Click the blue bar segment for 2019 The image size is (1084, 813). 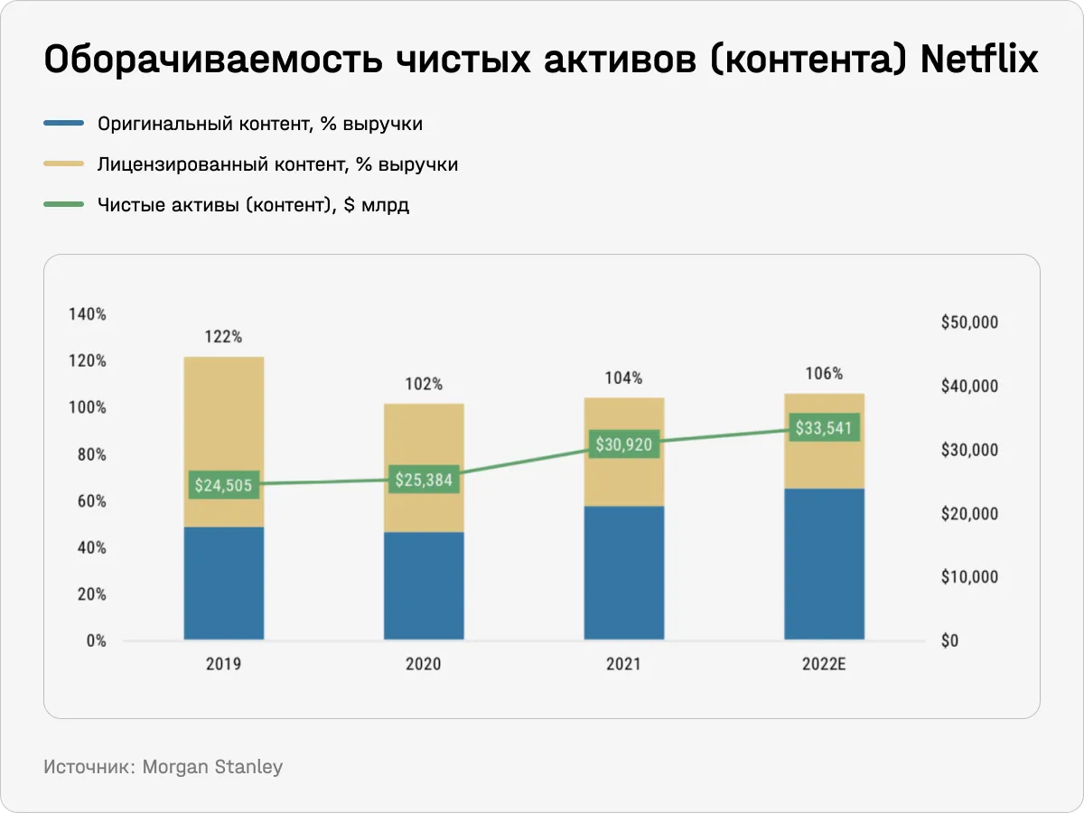pyautogui.click(x=224, y=584)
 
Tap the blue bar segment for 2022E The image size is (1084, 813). pyautogui.click(x=824, y=564)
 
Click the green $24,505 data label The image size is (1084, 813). pyautogui.click(x=224, y=485)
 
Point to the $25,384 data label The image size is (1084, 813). pyautogui.click(x=424, y=479)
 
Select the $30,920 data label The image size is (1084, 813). pyautogui.click(x=624, y=444)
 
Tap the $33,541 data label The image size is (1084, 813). pyautogui.click(x=824, y=427)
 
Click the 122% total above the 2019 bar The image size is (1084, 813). pyautogui.click(x=223, y=337)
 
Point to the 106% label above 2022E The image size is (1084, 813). pyautogui.click(x=824, y=373)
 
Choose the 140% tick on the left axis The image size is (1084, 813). pyautogui.click(x=88, y=314)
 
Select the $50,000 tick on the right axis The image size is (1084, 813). pyautogui.click(x=968, y=322)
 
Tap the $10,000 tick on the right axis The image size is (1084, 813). pyautogui.click(x=968, y=577)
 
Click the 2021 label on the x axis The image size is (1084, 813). pyautogui.click(x=624, y=665)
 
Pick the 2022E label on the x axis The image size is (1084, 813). pyautogui.click(x=824, y=665)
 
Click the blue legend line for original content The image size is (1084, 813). pyautogui.click(x=63, y=124)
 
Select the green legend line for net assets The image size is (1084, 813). pyautogui.click(x=63, y=205)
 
